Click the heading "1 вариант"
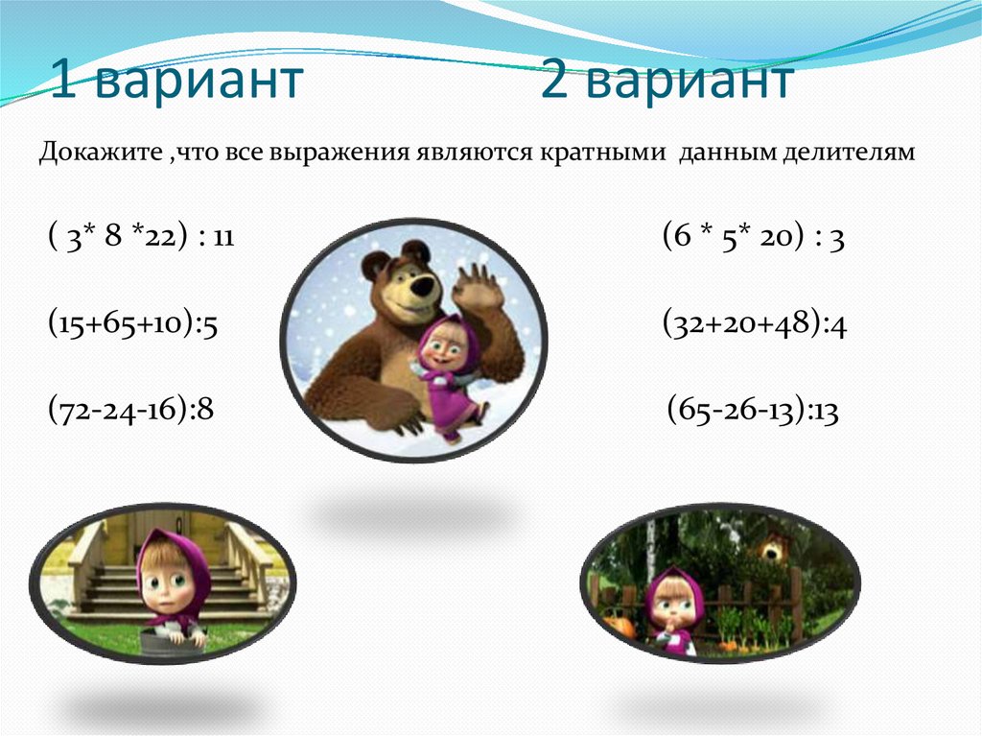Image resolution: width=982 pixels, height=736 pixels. (176, 81)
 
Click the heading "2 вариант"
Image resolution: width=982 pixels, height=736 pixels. (666, 81)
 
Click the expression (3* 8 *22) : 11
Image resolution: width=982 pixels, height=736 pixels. (140, 239)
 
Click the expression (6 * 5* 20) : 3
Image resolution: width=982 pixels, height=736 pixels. (753, 239)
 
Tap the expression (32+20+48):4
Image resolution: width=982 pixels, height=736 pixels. (754, 325)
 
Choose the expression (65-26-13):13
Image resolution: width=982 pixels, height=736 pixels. (753, 413)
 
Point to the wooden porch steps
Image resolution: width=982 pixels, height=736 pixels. (105, 586)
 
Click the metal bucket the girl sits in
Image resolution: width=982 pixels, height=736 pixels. (173, 642)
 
